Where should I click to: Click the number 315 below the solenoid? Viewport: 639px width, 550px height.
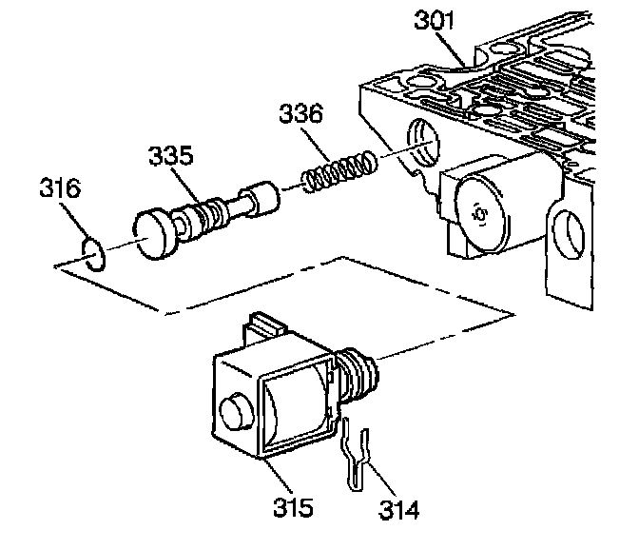[x=292, y=506]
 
